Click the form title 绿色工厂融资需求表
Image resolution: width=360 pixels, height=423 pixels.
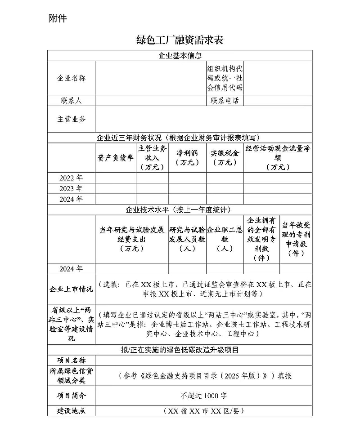click(180, 40)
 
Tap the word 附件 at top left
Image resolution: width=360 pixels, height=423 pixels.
click(57, 18)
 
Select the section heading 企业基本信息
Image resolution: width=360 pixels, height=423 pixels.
click(180, 56)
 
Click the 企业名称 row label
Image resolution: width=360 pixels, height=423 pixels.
click(71, 78)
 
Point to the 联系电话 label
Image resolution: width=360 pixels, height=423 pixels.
click(225, 101)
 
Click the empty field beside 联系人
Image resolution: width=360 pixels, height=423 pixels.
click(150, 101)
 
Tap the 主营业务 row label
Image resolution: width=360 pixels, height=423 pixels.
click(71, 119)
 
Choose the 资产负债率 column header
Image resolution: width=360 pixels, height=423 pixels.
click(116, 157)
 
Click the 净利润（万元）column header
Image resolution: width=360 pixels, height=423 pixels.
click(187, 157)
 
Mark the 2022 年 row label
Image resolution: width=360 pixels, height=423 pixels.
click(71, 178)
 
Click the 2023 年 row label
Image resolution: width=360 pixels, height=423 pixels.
click(71, 188)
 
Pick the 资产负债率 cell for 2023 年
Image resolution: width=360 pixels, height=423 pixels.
click(116, 188)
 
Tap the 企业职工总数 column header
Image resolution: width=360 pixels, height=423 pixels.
click(225, 239)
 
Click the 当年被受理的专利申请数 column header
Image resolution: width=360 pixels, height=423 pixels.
click(296, 239)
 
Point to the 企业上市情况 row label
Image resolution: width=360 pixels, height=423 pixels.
click(71, 289)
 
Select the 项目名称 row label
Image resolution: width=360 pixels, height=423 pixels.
click(71, 360)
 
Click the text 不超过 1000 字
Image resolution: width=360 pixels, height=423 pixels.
click(203, 396)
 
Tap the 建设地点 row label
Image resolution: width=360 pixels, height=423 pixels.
click(71, 411)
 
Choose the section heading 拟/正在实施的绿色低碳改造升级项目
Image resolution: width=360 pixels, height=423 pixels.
click(180, 350)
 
